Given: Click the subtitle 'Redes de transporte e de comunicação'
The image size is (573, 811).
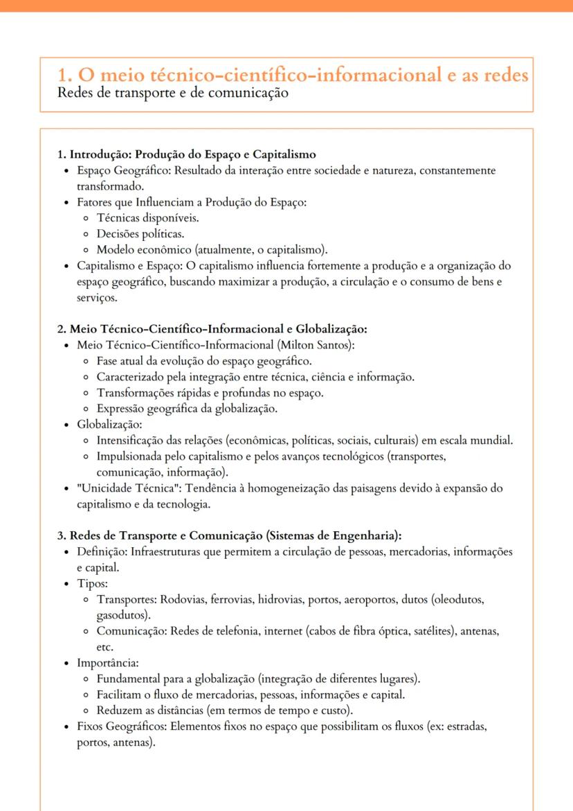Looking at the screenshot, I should [x=173, y=93].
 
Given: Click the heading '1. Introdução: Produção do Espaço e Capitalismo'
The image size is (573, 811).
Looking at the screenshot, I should [x=187, y=154].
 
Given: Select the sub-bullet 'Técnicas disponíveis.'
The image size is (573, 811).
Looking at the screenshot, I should [x=147, y=217].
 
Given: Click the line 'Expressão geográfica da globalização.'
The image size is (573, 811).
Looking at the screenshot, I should [x=187, y=409].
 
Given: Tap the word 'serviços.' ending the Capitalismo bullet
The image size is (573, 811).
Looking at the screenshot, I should [x=98, y=298].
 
